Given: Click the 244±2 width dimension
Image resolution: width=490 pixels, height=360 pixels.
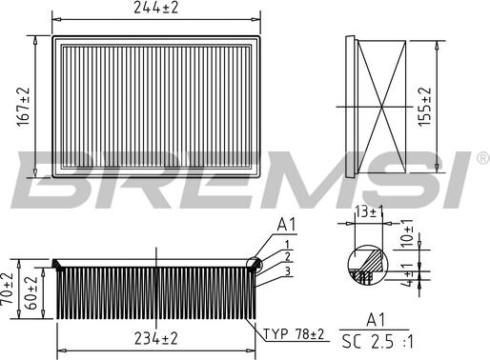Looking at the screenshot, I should tap(155, 10).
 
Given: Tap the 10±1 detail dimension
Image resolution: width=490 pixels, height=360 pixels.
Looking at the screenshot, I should tap(408, 233).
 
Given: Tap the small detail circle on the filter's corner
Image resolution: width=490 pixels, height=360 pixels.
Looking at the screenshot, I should tap(254, 267).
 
